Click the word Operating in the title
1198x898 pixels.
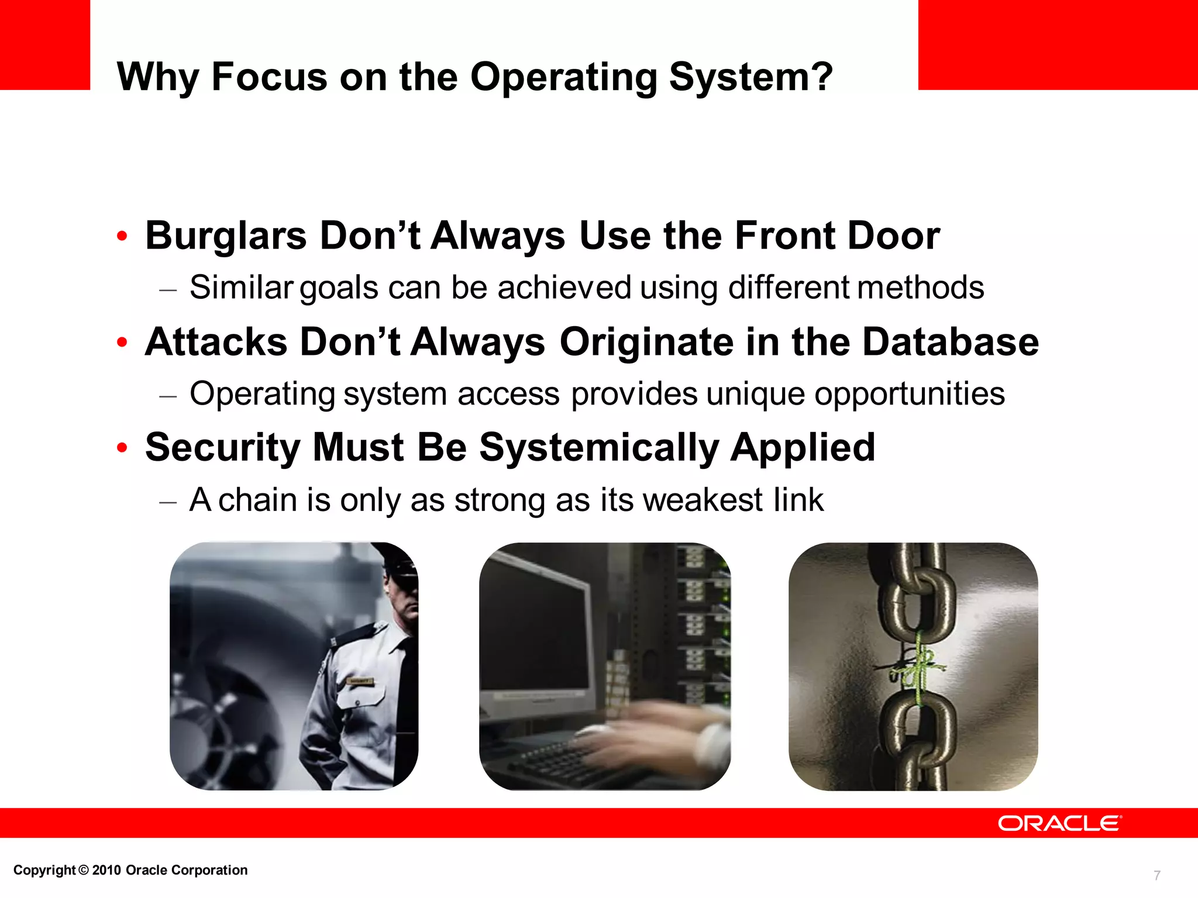[x=564, y=77]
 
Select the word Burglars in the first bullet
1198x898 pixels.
[x=226, y=236]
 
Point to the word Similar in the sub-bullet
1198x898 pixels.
[x=241, y=288]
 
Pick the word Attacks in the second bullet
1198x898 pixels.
[x=216, y=342]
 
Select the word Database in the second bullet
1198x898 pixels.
[x=951, y=342]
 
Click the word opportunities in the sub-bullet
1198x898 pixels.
[x=910, y=394]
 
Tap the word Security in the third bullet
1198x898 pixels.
[x=223, y=448]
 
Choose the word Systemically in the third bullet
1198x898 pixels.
[x=599, y=448]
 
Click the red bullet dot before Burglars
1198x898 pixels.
[x=122, y=237]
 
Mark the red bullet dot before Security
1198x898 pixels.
[x=122, y=448]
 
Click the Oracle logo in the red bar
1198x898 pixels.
[x=1059, y=823]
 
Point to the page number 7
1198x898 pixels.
[x=1156, y=875]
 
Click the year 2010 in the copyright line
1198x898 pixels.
[x=106, y=870]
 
